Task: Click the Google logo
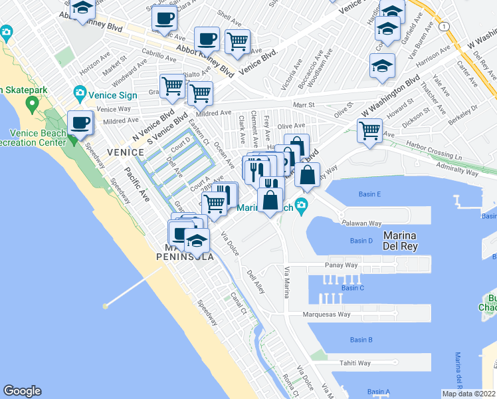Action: (22, 391)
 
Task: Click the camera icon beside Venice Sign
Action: (80, 92)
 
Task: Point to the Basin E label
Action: (370, 194)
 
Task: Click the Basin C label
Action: (352, 287)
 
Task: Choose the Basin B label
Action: (361, 340)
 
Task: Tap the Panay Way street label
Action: (342, 265)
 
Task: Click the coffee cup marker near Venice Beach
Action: (81, 124)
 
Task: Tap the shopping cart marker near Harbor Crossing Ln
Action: (370, 130)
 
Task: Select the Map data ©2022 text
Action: (468, 394)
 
